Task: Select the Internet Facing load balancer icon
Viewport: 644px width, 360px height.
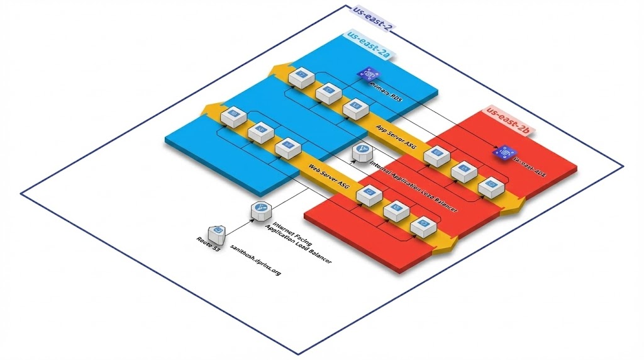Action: [260, 211]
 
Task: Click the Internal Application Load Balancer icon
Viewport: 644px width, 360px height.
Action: [362, 152]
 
